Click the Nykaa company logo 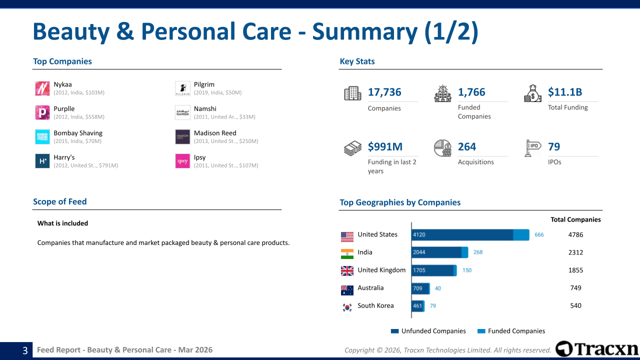point(42,88)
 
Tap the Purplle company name point(64,108)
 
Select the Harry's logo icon point(42,161)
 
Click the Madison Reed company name point(215,133)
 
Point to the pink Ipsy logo point(182,161)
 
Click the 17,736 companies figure point(384,92)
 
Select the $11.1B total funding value point(565,92)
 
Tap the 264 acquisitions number point(467,146)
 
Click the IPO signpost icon point(532,148)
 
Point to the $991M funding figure point(385,146)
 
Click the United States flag point(347,236)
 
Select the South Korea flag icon point(347,307)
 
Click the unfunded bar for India point(436,252)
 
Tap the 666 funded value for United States point(539,234)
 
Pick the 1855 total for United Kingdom point(575,270)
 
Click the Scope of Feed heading point(60,201)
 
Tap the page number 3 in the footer point(25,350)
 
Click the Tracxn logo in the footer point(597,348)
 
